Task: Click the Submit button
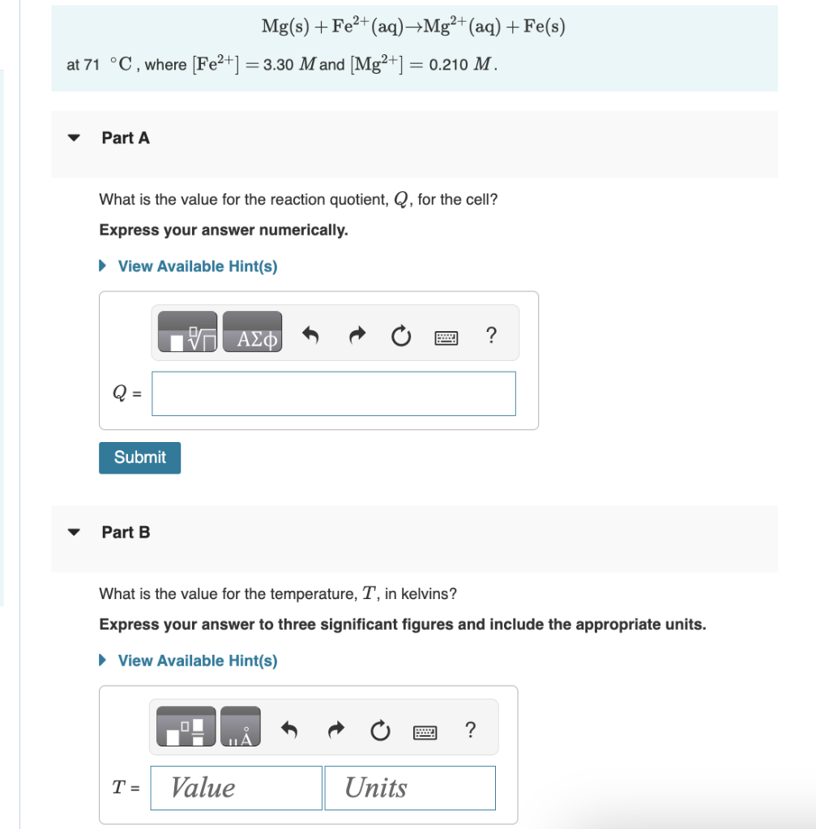139,457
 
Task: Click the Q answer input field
333,393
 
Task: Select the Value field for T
236,788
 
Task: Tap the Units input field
410,788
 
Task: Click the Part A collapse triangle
75,138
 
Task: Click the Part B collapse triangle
75,533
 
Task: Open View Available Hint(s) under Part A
197,266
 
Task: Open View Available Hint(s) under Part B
197,661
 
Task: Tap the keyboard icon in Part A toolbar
446,334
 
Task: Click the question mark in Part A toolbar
490,333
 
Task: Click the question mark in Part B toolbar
470,729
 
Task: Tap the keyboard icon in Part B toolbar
425,731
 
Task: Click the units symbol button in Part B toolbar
241,727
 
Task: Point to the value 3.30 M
288,65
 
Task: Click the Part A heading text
126,138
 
